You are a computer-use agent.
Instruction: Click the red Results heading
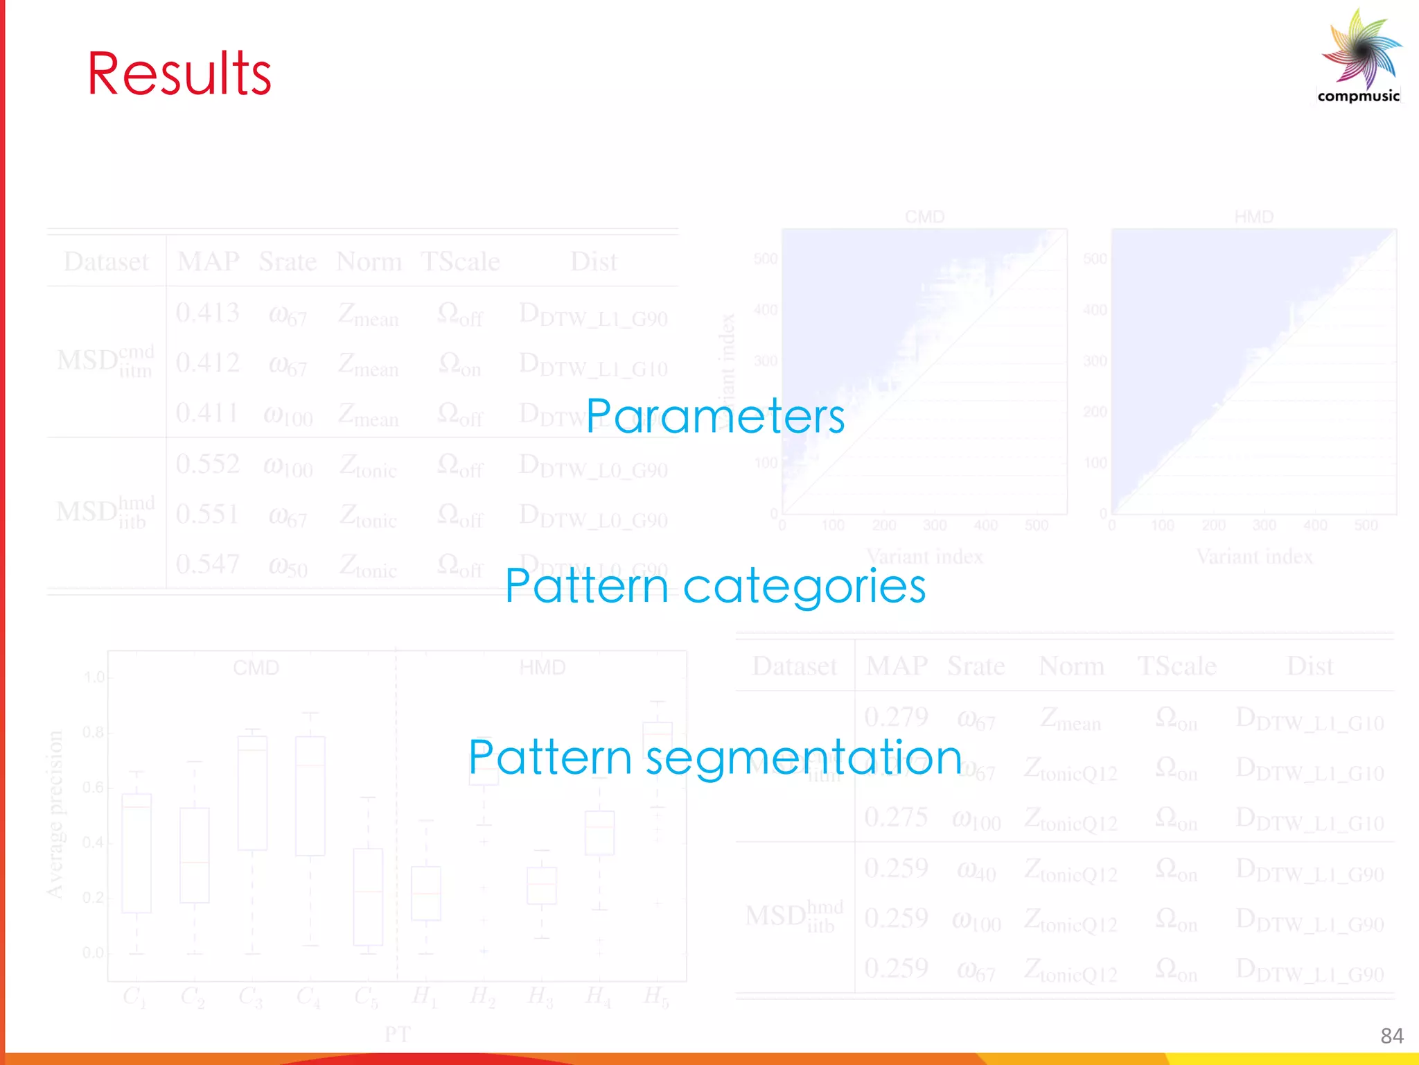pyautogui.click(x=179, y=74)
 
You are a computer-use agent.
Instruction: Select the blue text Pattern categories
pyautogui.click(x=715, y=586)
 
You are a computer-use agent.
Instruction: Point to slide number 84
pyautogui.click(x=1391, y=1036)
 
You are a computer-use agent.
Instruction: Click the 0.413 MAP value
pyautogui.click(x=207, y=313)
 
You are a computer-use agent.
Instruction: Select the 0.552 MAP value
pyautogui.click(x=207, y=464)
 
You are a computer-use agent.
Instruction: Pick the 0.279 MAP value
pyautogui.click(x=896, y=717)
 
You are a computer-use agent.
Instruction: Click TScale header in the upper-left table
pyautogui.click(x=460, y=262)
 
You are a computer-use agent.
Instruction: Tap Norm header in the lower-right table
pyautogui.click(x=1071, y=666)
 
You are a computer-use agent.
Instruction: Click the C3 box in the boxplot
pyautogui.click(x=252, y=793)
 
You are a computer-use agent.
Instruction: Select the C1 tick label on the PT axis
pyautogui.click(x=134, y=997)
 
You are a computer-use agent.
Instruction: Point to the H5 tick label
pyautogui.click(x=655, y=997)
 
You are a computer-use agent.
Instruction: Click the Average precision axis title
pyautogui.click(x=55, y=815)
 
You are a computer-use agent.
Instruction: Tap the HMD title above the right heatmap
pyautogui.click(x=1253, y=217)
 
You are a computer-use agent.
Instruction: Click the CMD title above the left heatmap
pyautogui.click(x=924, y=217)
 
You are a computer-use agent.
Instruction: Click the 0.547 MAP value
pyautogui.click(x=207, y=564)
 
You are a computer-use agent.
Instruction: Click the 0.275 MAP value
pyautogui.click(x=896, y=817)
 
